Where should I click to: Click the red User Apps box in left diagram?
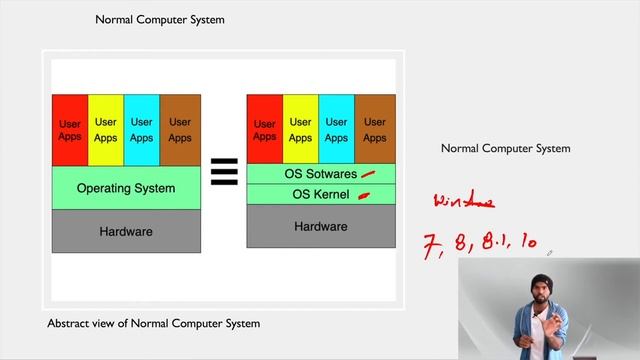click(70, 130)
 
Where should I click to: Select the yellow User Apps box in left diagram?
click(106, 130)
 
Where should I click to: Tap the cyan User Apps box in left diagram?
click(142, 130)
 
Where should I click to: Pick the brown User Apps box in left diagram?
click(180, 130)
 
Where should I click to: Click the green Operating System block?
click(126, 188)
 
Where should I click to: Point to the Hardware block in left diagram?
click(126, 231)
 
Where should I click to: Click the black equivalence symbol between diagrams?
click(223, 173)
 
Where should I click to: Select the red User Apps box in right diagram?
click(264, 130)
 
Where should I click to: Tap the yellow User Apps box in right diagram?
click(300, 130)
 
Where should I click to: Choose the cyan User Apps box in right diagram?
click(337, 130)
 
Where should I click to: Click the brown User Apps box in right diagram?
click(374, 130)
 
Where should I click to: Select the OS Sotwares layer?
click(320, 174)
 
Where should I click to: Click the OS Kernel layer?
click(320, 194)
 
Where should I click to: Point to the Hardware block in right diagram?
click(320, 227)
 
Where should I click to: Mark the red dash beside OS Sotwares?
click(368, 174)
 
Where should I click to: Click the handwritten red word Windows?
click(463, 202)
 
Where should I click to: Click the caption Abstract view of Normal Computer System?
click(153, 323)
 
